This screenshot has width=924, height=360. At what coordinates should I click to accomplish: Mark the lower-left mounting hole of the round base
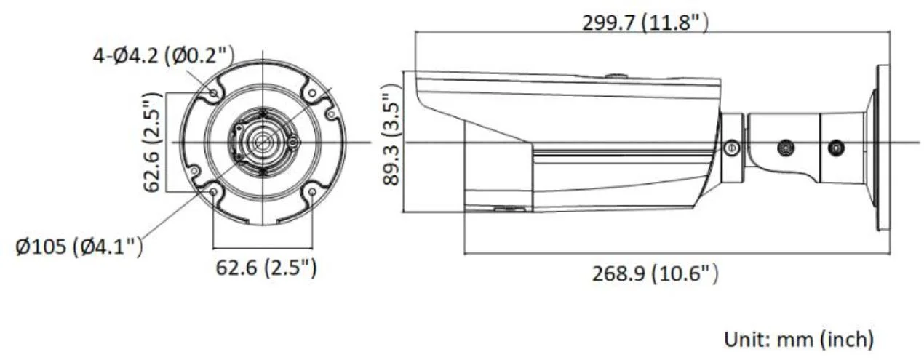tap(213, 192)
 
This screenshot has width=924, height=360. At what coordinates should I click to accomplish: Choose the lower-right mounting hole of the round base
tap(312, 192)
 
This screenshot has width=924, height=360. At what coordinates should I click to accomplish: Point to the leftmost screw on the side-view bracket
tap(731, 148)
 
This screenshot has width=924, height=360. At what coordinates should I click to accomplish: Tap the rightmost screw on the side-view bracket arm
tap(837, 147)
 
